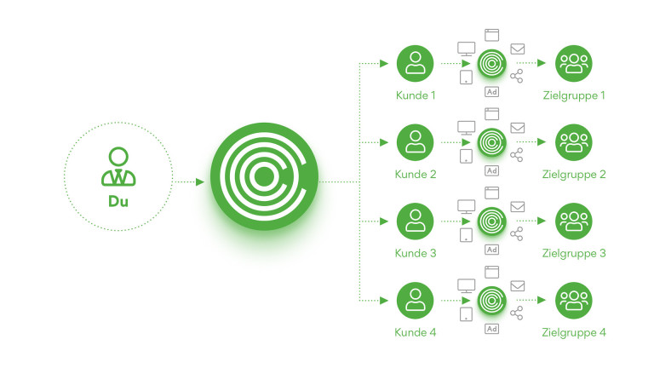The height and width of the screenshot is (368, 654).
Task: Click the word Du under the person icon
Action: coord(118,202)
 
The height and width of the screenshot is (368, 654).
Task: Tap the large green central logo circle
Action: coord(264,176)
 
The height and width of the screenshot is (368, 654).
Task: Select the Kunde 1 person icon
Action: coord(416,63)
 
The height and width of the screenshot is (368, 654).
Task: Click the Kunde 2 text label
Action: coord(416,175)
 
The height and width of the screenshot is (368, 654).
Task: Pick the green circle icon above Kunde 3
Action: coord(416,221)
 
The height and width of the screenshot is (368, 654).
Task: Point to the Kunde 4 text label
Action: coord(416,332)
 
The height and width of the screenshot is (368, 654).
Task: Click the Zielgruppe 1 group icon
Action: coord(574,63)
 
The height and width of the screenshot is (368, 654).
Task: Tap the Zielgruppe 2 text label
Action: coord(574,175)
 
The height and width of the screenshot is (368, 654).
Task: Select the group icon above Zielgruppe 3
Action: coord(574,221)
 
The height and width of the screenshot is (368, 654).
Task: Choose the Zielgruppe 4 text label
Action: coord(574,332)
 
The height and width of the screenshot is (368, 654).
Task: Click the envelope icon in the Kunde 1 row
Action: coord(517,49)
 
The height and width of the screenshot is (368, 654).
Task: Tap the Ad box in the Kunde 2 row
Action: coord(491,170)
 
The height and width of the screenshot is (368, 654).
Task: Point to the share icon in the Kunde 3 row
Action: coord(516,233)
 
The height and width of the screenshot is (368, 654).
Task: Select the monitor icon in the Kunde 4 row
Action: coord(466,285)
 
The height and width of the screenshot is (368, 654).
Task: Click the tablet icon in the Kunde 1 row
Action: coord(466,78)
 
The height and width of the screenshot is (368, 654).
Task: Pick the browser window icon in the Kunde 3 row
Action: coord(491,193)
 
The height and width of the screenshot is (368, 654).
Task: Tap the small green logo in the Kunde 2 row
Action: coord(491,141)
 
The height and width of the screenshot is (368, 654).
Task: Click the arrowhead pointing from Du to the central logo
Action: coord(200,181)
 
